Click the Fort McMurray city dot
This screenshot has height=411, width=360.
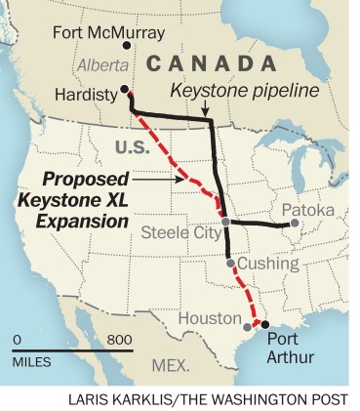click(124, 44)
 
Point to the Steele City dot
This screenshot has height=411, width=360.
click(225, 223)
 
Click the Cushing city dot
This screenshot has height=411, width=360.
click(229, 263)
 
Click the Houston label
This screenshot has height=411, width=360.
click(209, 318)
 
